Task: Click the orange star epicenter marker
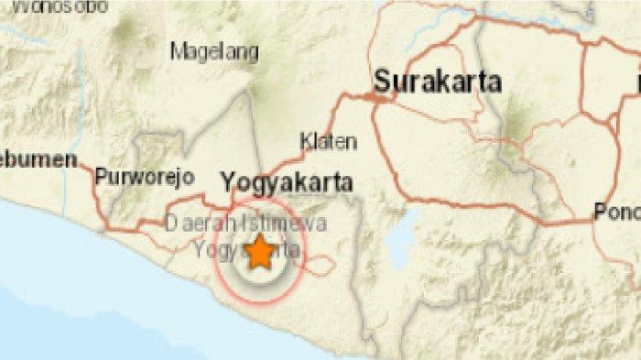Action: tap(260, 252)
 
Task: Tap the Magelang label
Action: tap(215, 51)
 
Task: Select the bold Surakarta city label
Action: tap(438, 82)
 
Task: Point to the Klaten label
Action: tap(329, 142)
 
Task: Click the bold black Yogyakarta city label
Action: tap(288, 182)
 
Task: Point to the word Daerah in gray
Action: tap(195, 223)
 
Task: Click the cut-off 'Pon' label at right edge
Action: tap(616, 211)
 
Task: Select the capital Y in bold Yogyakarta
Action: tap(229, 182)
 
